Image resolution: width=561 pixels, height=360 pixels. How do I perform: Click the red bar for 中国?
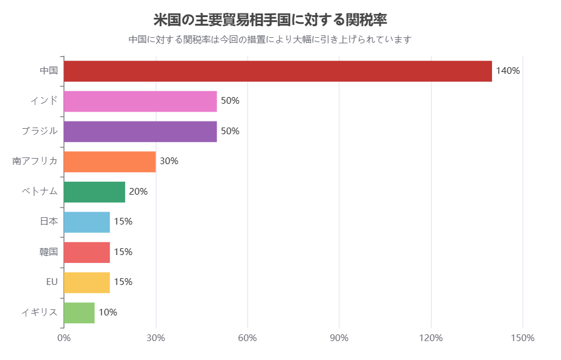point(277,71)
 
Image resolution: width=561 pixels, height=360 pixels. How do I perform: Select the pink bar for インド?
point(140,101)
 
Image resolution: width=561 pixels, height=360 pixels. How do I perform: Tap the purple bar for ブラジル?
point(140,131)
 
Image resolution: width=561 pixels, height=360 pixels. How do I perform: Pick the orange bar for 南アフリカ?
point(110,162)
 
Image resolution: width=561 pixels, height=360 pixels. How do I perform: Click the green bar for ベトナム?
point(95,192)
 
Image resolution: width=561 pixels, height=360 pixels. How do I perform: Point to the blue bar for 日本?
point(87,222)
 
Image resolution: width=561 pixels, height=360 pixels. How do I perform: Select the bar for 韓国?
point(87,252)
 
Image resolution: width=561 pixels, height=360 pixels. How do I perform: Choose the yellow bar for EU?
point(87,283)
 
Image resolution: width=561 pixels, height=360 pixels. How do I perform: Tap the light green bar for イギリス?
point(79,312)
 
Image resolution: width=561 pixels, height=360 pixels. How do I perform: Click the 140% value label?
point(507,71)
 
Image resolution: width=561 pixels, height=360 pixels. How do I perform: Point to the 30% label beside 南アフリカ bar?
point(169,162)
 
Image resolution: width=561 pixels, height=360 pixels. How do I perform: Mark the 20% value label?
point(138,192)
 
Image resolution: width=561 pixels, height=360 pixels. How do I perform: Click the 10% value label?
point(108,312)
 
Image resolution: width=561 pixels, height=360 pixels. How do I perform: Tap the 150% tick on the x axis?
point(523,338)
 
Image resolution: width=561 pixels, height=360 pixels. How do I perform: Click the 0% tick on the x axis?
point(64,338)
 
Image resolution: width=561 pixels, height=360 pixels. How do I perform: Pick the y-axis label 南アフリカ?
point(35,162)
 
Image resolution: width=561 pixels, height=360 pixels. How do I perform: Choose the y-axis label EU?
point(52,283)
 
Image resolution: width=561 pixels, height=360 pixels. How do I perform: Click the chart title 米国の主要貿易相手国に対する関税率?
point(270,20)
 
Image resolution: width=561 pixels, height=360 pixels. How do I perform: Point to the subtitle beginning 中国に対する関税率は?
point(270,40)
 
